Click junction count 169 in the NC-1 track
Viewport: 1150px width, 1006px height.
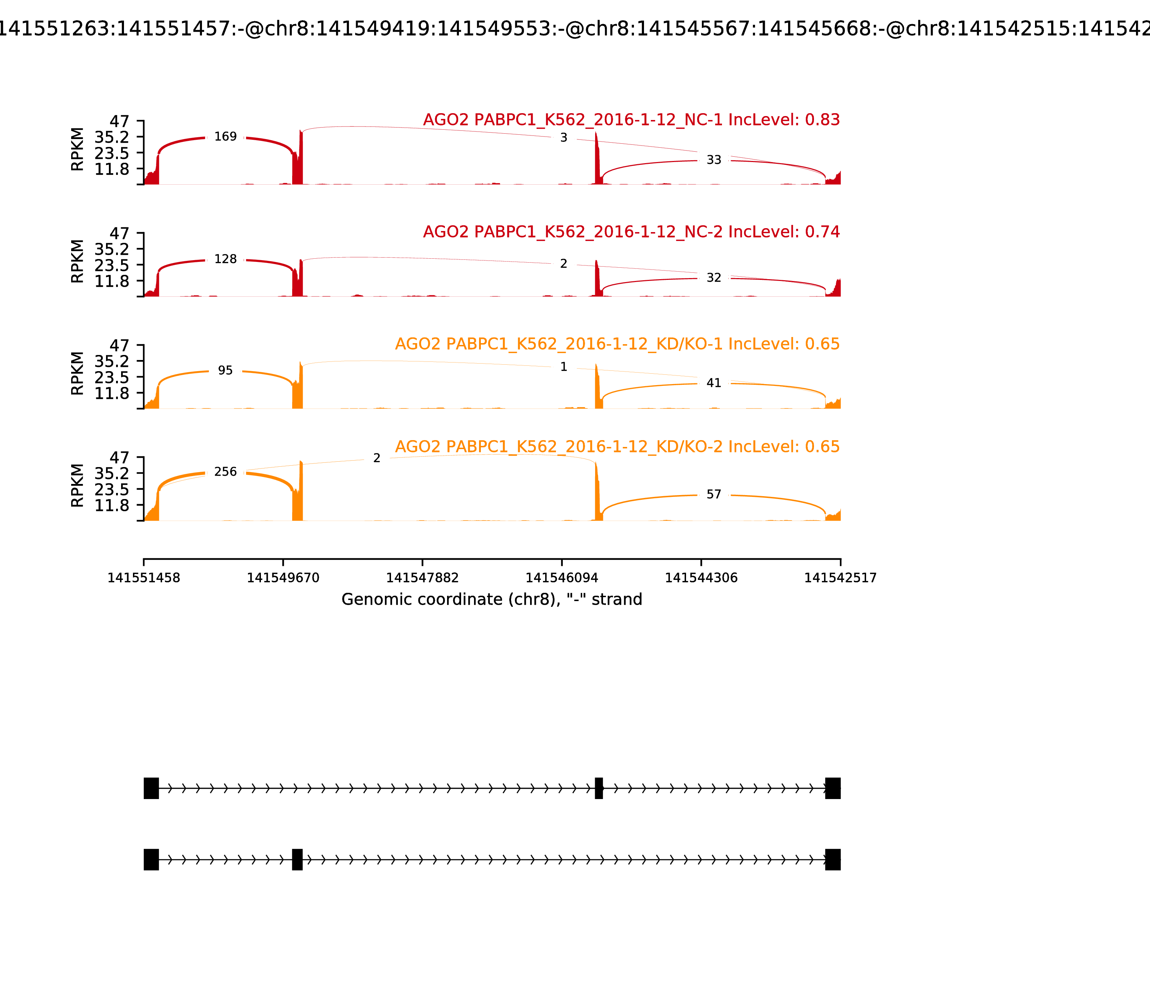[x=226, y=137]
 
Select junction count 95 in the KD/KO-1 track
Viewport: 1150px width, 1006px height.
[x=225, y=370]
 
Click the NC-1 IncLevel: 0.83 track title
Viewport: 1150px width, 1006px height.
[x=631, y=120]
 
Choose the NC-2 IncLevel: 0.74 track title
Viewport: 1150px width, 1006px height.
[x=631, y=232]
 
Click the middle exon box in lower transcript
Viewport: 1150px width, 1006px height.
[x=297, y=859]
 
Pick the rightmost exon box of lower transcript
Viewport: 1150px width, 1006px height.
[x=833, y=859]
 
